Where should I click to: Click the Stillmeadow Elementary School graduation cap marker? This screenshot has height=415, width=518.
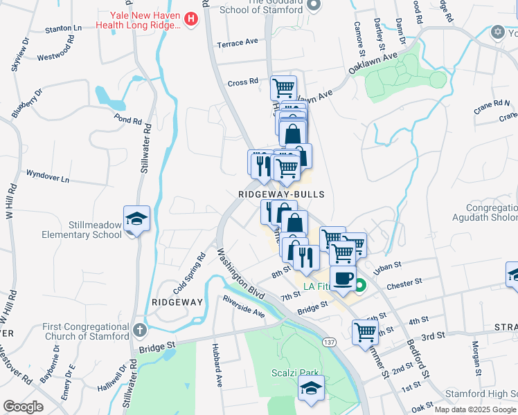(x=137, y=219)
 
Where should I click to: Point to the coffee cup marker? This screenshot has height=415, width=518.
(x=342, y=278)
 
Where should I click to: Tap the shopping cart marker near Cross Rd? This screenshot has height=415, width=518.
(x=283, y=89)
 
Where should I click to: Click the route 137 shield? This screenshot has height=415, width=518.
(x=329, y=342)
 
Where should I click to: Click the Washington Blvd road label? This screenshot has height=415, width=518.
(x=242, y=274)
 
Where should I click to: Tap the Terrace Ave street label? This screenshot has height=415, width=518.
(x=237, y=43)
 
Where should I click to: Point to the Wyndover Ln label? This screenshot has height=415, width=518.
(x=48, y=176)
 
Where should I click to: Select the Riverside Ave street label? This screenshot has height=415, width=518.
(x=244, y=308)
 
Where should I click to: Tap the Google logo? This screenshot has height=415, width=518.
(x=23, y=407)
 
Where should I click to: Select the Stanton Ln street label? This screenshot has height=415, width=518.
(x=63, y=29)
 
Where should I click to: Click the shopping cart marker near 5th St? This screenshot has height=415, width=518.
(x=364, y=332)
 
